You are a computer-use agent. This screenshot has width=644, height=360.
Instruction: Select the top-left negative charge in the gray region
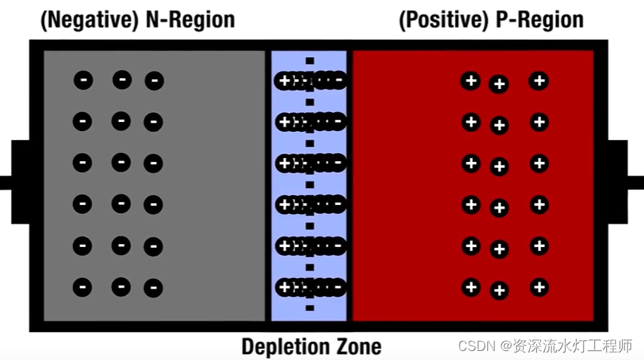(83, 80)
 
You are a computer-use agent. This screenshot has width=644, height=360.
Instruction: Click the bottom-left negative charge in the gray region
(83, 287)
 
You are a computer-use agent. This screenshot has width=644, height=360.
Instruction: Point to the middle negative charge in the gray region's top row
(121, 79)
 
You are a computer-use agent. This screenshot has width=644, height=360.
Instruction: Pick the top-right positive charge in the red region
(539, 81)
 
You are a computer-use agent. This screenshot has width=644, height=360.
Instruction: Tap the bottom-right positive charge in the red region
(539, 286)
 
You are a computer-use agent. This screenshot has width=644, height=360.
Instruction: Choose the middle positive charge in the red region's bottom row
(499, 290)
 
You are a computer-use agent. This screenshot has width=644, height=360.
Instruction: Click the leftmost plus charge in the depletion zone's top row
(285, 81)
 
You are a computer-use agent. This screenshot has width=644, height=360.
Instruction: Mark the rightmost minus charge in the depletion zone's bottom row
(338, 286)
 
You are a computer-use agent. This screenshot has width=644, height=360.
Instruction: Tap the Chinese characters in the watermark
(573, 346)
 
